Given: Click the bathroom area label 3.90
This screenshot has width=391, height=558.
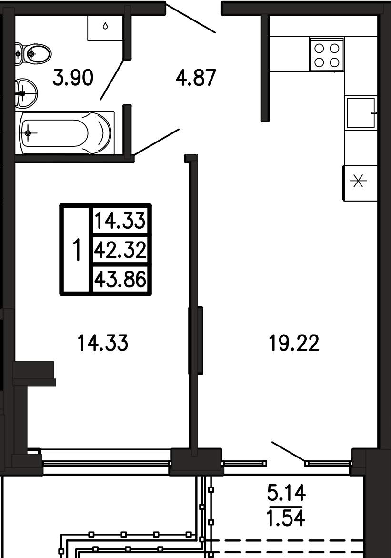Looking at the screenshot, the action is (x=73, y=78).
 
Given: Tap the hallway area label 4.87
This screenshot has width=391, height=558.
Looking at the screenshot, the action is (x=196, y=78).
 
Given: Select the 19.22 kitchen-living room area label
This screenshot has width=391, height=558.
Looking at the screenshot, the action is (x=294, y=344).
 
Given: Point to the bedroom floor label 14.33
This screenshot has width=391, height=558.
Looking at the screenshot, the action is (x=103, y=344).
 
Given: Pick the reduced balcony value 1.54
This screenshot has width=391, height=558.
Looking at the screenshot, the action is (x=286, y=518).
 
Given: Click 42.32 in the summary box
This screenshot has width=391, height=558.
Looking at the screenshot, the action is (x=120, y=250).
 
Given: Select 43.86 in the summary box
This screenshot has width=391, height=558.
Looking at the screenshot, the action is (x=120, y=279).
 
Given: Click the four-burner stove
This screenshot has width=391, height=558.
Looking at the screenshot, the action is (x=327, y=54).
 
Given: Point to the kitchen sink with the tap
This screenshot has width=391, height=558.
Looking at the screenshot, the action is (x=361, y=112).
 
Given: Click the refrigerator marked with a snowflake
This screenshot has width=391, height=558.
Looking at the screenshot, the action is (x=360, y=183).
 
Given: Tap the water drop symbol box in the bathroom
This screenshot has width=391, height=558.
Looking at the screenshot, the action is (x=105, y=27).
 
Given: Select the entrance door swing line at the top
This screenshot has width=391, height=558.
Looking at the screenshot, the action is (x=190, y=18).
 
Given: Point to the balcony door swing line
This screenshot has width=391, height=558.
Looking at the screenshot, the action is (x=289, y=452).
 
